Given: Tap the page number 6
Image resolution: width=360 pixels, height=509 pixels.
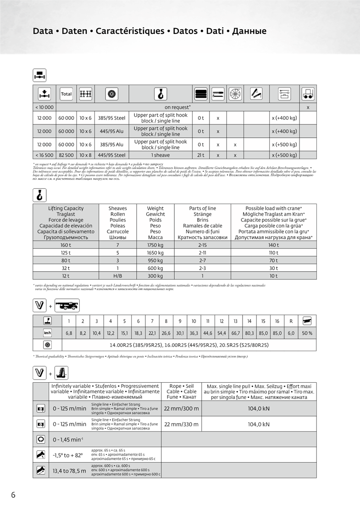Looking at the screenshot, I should coord(13,494).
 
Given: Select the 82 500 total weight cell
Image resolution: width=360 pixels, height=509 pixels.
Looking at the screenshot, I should coord(66,155).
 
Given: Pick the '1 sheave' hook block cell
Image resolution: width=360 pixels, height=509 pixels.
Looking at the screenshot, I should coord(161,155).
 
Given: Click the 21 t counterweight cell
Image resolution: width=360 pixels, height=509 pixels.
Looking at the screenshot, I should coord(201,155).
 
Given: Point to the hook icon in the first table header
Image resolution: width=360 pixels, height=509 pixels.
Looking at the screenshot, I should coord(160,94).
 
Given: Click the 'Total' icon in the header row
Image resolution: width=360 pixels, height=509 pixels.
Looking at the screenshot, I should coord(66,94).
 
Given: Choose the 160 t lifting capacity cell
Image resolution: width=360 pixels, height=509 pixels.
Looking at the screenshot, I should coord(66,245).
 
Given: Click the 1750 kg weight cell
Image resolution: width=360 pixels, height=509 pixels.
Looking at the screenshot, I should coord(155,245).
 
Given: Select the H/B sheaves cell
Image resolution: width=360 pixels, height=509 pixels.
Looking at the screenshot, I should coord(117,276).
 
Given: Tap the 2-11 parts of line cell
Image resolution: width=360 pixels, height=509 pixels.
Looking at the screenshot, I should coord(202,253).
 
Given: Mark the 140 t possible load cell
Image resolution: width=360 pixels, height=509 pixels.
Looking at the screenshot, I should coord(273,245).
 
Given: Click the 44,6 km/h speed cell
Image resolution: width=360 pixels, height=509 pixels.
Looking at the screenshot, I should coord(208,333).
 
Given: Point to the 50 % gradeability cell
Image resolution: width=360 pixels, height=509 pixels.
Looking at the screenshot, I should coord(307,333).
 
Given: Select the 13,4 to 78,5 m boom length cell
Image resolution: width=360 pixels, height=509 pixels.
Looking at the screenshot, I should coord(69,470).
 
